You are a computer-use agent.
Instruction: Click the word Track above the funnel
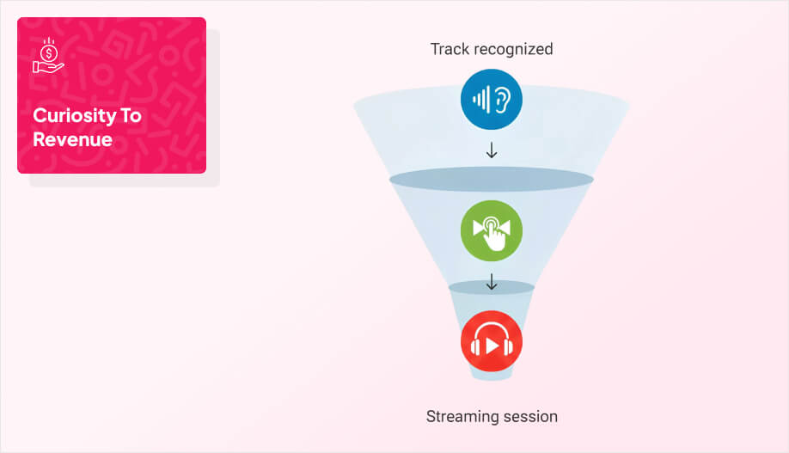coord(449,49)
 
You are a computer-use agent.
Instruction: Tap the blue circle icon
coord(491,100)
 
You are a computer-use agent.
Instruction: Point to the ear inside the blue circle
coord(501,100)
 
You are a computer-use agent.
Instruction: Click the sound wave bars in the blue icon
coord(480,100)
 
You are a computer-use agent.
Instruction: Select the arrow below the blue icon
coord(492,150)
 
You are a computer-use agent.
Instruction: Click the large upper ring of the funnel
coord(491,179)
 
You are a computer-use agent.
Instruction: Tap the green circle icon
coord(491,230)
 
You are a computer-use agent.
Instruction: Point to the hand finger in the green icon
coord(495,234)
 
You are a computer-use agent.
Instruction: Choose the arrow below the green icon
coord(492,281)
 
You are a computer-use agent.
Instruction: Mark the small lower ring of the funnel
coord(491,287)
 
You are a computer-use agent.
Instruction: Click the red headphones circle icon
coord(491,341)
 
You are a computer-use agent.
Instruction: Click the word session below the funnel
coord(527,417)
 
